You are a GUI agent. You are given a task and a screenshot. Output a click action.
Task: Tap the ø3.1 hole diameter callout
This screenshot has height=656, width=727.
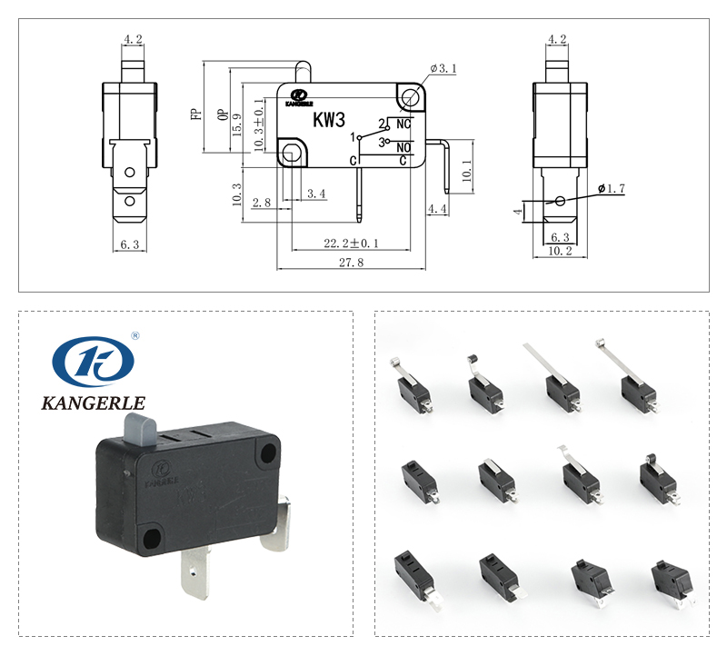tap(443, 69)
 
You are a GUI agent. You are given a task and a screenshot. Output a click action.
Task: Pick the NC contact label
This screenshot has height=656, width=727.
tap(404, 124)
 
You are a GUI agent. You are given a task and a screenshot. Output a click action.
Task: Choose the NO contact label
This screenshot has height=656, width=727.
tap(404, 145)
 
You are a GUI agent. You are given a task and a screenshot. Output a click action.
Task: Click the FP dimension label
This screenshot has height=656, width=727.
tap(194, 114)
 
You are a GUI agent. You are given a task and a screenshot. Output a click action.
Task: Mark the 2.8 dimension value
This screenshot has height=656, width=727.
tap(262, 202)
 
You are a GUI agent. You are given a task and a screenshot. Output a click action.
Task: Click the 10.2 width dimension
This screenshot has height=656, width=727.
tap(561, 252)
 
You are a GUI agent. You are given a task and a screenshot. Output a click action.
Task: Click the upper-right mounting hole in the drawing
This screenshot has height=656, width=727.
tap(411, 95)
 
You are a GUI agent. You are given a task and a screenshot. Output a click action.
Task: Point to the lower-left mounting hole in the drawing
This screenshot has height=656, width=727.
tap(291, 154)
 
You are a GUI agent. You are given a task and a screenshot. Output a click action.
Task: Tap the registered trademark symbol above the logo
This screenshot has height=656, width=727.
tap(135, 334)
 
